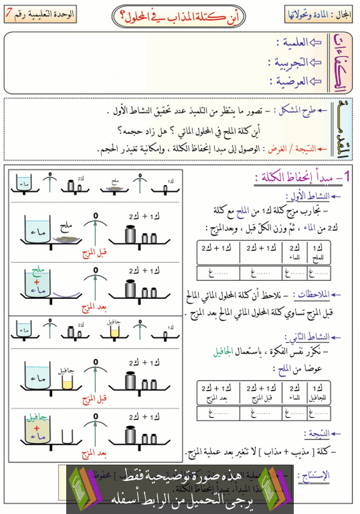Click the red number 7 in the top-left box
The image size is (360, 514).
pyautogui.click(x=13, y=12)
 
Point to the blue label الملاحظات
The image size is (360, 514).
pyautogui.click(x=311, y=294)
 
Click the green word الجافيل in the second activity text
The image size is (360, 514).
pyautogui.click(x=224, y=352)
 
